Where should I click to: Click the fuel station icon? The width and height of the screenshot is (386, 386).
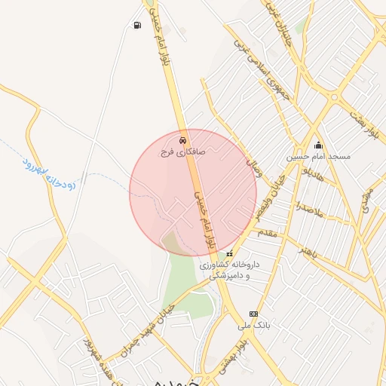click(136, 26)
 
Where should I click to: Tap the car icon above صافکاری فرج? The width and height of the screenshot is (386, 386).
click(182, 141)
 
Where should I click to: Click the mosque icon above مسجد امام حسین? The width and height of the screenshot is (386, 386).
click(318, 146)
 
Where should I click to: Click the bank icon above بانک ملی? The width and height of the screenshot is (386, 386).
click(253, 314)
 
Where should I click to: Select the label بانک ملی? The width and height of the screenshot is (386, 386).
click(253, 325)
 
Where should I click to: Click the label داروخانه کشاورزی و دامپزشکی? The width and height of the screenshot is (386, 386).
click(229, 271)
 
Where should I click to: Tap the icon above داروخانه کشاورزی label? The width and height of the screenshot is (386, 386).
click(230, 254)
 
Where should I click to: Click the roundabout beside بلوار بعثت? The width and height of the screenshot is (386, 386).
click(334, 96)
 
